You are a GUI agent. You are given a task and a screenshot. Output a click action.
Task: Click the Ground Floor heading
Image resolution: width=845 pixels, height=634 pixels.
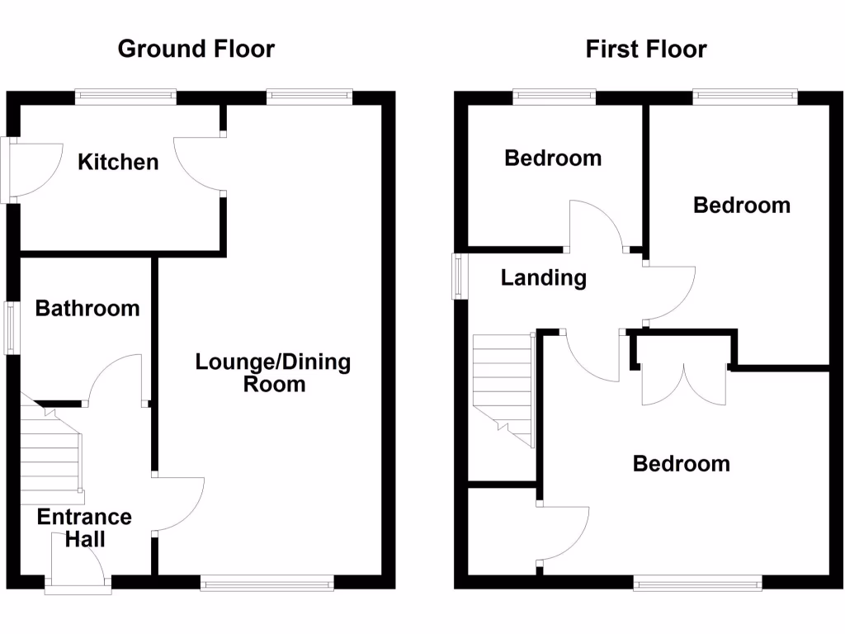[x=196, y=49]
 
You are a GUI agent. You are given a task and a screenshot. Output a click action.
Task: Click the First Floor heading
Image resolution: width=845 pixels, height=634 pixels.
[x=645, y=49]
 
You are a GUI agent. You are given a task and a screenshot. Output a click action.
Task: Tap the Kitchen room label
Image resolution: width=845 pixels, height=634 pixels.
[x=118, y=162]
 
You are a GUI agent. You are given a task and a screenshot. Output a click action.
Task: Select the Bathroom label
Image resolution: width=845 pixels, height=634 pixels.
[x=87, y=309]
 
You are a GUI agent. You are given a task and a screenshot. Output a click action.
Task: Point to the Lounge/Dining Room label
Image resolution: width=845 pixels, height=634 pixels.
[x=273, y=373]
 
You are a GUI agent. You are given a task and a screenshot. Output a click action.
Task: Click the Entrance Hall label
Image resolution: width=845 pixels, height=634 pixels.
[x=84, y=528]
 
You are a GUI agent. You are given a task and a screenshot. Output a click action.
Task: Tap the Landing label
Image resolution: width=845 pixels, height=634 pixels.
[x=544, y=278]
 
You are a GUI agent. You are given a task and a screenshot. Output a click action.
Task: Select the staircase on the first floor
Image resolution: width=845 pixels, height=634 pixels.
[x=503, y=388]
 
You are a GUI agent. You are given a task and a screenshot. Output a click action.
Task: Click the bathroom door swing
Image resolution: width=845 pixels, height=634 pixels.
[x=116, y=380]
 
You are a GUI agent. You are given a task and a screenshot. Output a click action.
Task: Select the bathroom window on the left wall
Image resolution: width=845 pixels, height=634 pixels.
[x=12, y=329]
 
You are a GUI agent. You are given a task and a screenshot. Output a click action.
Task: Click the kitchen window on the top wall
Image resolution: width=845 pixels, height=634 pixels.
[x=125, y=97]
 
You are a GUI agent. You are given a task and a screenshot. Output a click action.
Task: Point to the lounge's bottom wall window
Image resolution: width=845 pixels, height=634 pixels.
[x=267, y=584]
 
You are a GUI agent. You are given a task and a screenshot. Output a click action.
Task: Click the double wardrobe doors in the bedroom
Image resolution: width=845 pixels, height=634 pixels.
[x=684, y=384]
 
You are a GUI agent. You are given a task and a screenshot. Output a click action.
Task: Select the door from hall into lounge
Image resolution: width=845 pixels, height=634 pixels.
[x=177, y=505]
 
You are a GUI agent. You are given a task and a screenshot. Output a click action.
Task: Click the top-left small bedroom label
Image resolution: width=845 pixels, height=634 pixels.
[x=553, y=158]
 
